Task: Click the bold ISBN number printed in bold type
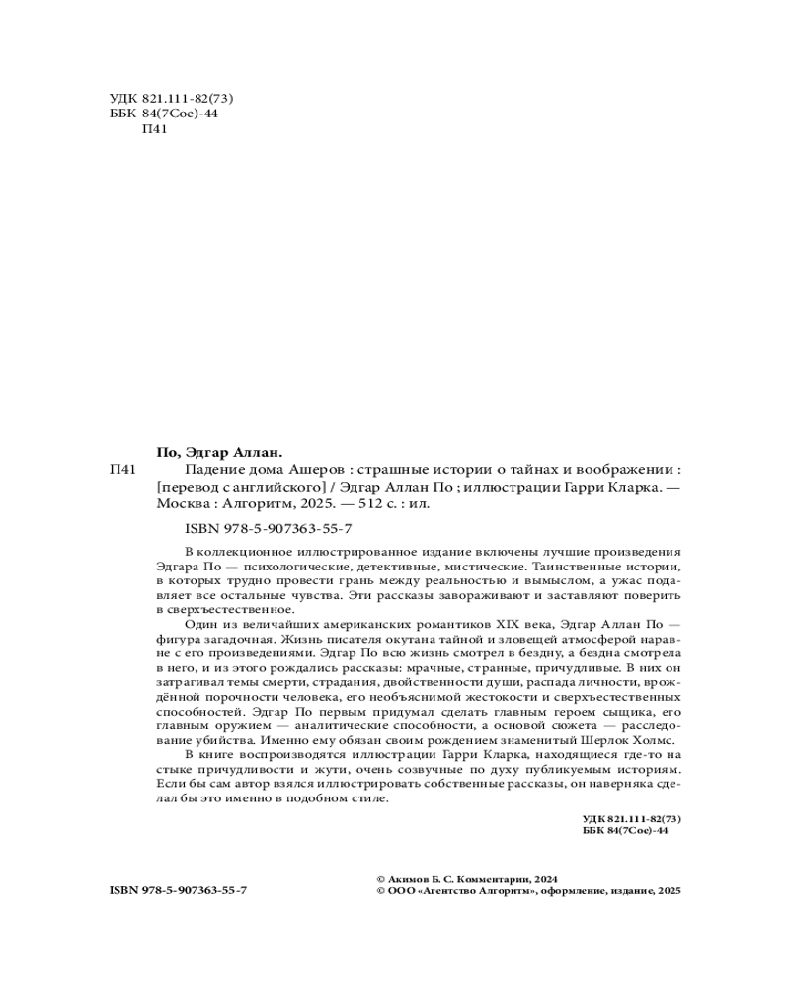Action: coord(178,890)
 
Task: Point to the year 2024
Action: coord(545,877)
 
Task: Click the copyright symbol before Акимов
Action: coord(381,877)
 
